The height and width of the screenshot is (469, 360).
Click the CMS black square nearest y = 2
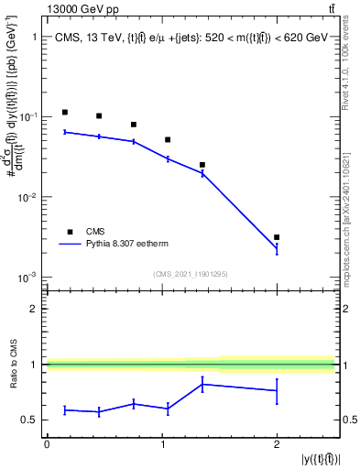click(277, 237)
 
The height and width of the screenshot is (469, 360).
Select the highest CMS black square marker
click(64, 112)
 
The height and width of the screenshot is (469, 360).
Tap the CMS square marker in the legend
click(68, 232)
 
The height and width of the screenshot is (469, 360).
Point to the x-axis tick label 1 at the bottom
click(162, 443)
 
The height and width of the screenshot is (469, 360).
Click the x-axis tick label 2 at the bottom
click(277, 443)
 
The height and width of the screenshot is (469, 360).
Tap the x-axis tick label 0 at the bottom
click(47, 443)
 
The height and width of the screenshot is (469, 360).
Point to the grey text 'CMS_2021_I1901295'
click(190, 274)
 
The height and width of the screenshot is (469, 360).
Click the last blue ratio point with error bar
click(277, 391)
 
